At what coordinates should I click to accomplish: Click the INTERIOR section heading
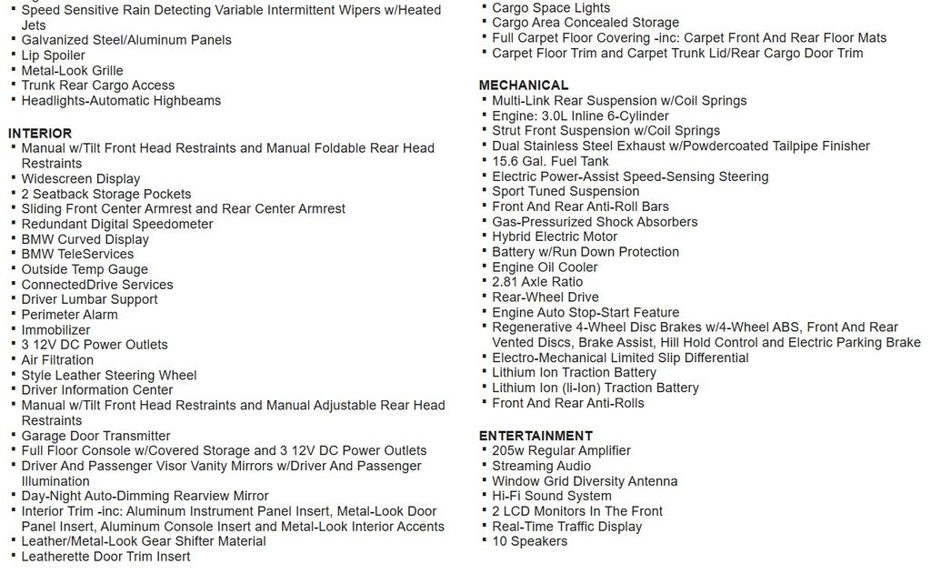40,133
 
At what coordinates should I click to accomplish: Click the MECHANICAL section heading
524,86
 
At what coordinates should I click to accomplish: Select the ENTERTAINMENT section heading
536,436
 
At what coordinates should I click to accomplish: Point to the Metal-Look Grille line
72,71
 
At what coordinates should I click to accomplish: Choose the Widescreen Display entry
81,179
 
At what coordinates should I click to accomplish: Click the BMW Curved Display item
85,239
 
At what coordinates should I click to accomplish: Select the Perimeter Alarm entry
70,315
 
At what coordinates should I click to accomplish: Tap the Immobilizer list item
56,330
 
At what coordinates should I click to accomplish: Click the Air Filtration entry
57,360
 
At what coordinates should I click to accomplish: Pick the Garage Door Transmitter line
96,436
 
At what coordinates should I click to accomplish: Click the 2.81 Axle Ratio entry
537,282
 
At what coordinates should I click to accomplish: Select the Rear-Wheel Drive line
546,297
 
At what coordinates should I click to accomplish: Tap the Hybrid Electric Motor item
555,237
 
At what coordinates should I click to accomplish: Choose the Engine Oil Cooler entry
545,267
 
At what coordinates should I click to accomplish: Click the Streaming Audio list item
541,466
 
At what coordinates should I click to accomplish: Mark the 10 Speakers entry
529,541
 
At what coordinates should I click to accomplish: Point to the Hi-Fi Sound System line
551,496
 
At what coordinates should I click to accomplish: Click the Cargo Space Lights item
551,8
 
